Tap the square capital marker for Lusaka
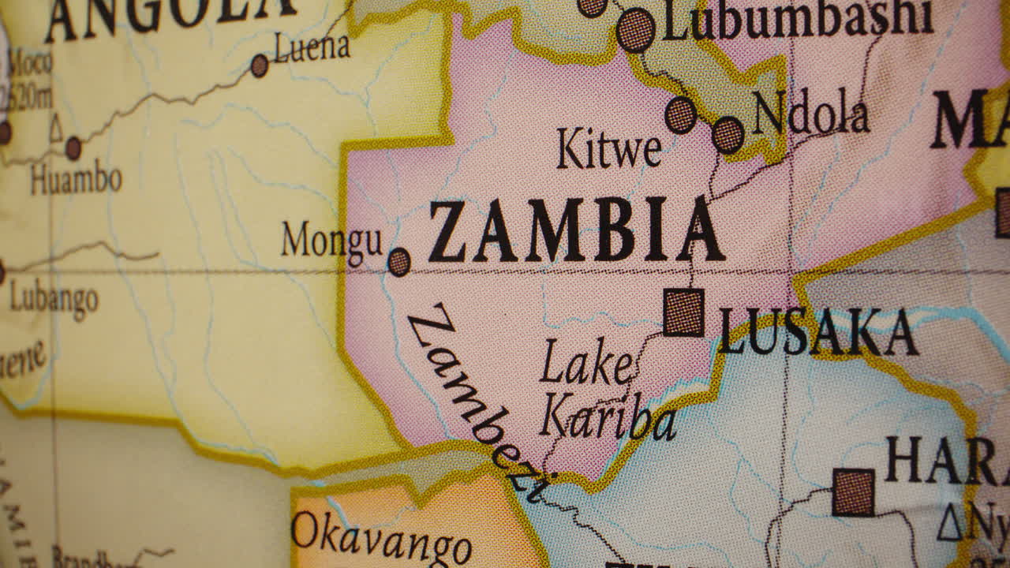683,312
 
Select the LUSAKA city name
818,331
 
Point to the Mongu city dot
399,262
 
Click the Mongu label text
332,240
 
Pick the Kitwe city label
608,149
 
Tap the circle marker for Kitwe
680,115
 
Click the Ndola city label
810,115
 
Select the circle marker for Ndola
728,135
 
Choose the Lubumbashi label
797,20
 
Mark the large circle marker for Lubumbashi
635,31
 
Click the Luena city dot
260,65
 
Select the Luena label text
312,49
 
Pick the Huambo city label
76,179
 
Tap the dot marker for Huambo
73,148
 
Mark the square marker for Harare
853,492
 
